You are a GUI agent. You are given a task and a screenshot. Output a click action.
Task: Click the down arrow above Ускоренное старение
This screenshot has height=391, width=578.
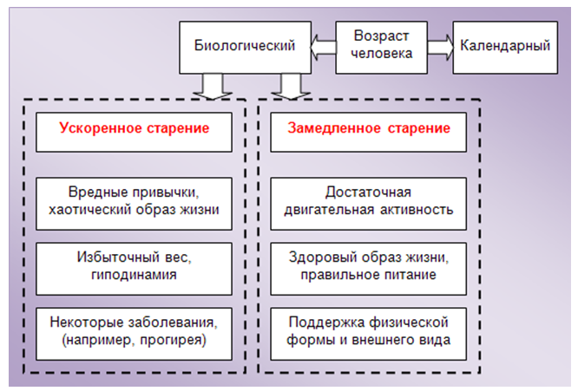pyautogui.click(x=209, y=85)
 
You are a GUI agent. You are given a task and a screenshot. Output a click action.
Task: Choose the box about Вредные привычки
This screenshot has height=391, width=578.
pyautogui.click(x=135, y=199)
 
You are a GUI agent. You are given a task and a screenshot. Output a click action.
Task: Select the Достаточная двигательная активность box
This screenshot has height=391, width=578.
pyautogui.click(x=368, y=199)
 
